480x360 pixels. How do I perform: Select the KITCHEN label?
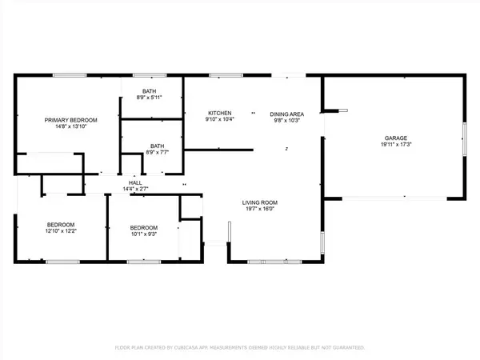[x=220, y=113]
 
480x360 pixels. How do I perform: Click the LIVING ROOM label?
[x=260, y=203]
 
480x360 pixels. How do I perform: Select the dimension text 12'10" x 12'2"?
[x=61, y=231]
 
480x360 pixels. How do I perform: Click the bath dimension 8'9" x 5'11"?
[x=150, y=98]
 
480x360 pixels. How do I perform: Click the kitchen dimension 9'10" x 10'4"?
[x=220, y=120]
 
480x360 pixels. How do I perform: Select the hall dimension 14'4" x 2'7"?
[x=136, y=189]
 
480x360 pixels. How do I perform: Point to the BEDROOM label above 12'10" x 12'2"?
[x=61, y=224]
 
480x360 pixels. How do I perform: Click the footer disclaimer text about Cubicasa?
[x=240, y=348]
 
